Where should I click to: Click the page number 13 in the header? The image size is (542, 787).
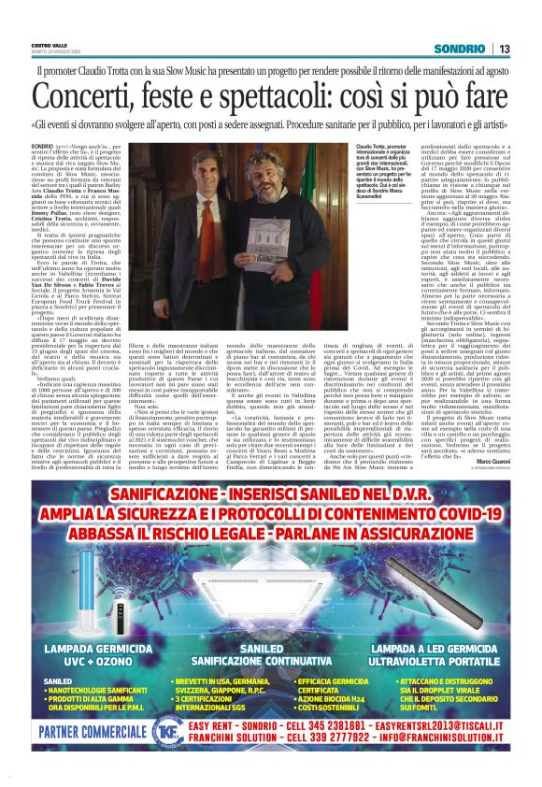pos(504,49)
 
